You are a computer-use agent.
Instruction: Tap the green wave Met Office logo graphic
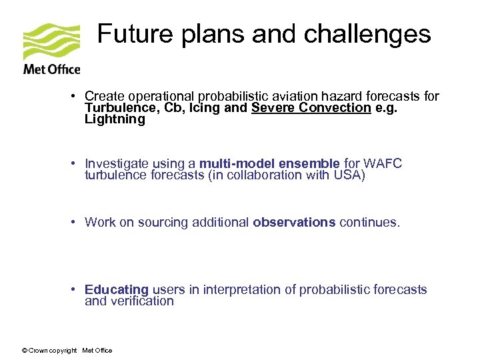pos(51,41)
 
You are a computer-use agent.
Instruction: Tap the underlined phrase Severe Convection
pos(311,108)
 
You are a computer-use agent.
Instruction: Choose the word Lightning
pos(115,119)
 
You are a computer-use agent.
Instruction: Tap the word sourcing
pos(162,223)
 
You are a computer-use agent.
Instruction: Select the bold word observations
pos(294,223)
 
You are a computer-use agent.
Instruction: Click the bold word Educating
pos(117,289)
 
